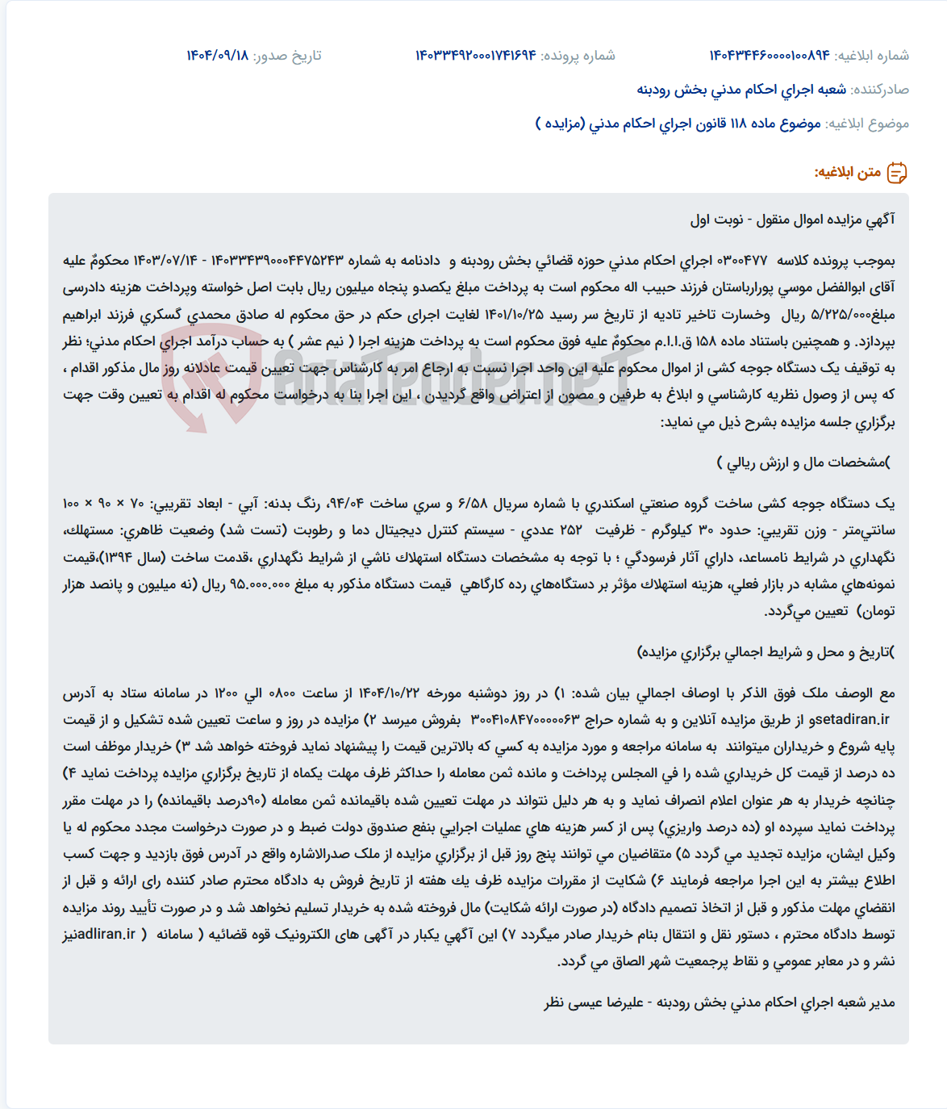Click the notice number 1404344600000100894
[769, 56]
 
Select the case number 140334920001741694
[475, 56]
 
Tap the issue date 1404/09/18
[217, 56]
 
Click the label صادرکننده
[880, 90]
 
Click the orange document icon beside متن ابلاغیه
[897, 173]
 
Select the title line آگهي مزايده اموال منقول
[793, 220]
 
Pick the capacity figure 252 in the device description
[570, 530]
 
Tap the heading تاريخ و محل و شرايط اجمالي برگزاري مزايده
[766, 652]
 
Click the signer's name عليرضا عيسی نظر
[593, 1002]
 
